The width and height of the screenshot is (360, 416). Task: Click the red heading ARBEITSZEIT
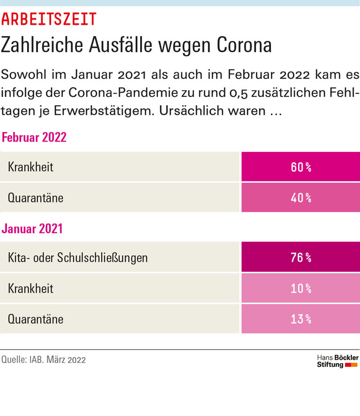click(x=49, y=19)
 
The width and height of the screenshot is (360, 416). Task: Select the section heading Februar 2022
click(x=34, y=137)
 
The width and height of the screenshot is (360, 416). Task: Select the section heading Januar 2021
click(x=32, y=229)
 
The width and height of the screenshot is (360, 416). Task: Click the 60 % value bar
click(x=300, y=167)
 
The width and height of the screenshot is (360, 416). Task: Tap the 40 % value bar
click(x=300, y=198)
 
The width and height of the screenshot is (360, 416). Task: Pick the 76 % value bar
click(x=300, y=257)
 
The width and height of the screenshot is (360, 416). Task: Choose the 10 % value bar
click(x=300, y=288)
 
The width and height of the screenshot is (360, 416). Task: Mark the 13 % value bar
click(x=300, y=319)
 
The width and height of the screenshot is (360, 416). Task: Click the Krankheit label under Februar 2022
click(x=30, y=167)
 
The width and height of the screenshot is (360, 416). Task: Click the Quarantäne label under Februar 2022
click(x=36, y=198)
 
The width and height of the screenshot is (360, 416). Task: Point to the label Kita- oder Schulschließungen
click(x=78, y=257)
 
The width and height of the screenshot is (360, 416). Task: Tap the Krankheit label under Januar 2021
click(x=30, y=288)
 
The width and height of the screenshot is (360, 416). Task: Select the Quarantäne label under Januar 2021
click(x=36, y=319)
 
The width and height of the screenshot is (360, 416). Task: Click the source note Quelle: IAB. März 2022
click(x=44, y=360)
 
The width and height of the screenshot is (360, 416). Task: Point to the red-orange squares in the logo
click(x=351, y=364)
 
